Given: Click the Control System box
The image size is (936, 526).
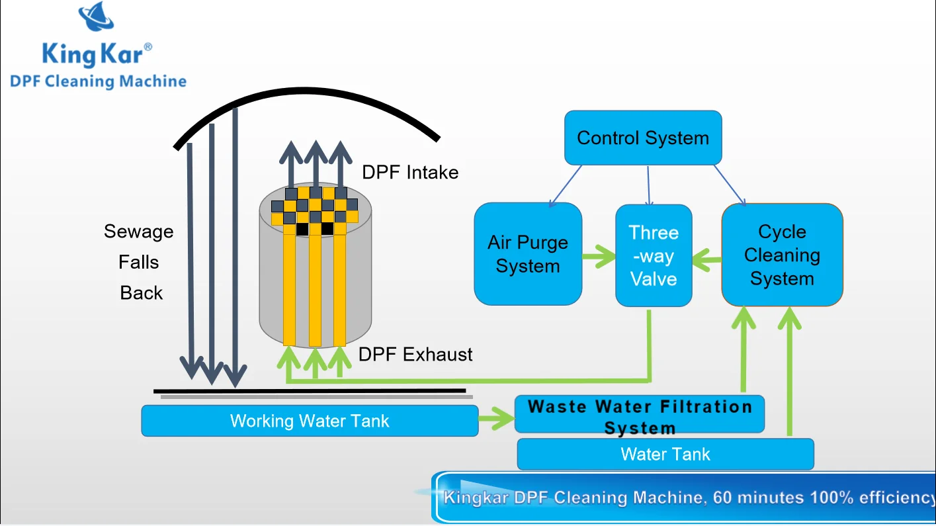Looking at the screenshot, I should pos(642,138).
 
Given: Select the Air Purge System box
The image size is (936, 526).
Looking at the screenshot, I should pos(527,254).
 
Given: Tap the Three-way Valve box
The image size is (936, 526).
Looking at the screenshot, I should pos(654,255).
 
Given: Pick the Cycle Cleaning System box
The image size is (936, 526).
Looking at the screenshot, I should pos(782,255).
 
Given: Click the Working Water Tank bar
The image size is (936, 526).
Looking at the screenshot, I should pos(309,421).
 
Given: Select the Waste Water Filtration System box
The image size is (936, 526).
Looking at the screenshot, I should pos(640,415).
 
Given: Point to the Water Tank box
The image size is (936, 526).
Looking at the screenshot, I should pos(665,455).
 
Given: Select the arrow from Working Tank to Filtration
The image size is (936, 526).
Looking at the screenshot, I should pos(497,417).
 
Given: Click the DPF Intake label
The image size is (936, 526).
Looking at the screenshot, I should pos(410,173).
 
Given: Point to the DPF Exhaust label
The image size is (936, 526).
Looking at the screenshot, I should pos(415,355).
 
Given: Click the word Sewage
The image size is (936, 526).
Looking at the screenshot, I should pos(139,232).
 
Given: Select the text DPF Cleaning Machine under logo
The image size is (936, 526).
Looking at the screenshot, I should pos(98,81).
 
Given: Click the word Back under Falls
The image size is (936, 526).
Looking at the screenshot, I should pos(141,293).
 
